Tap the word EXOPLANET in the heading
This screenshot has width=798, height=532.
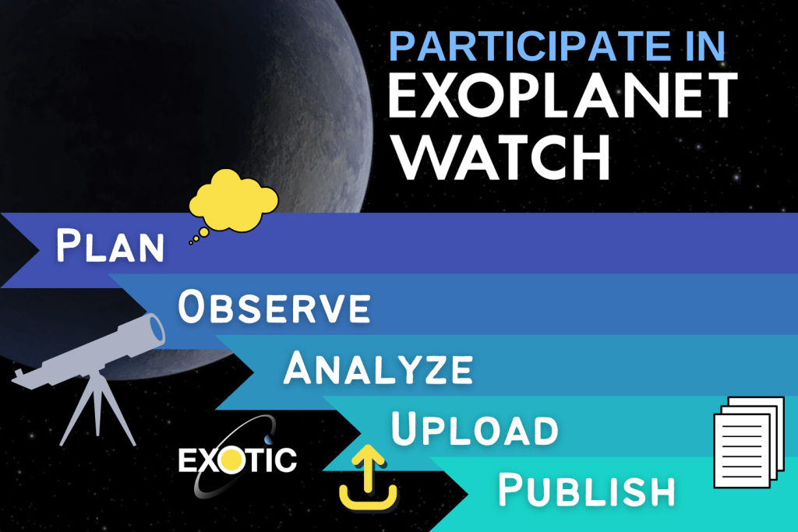coord(563,95)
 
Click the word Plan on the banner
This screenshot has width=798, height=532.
coord(110,245)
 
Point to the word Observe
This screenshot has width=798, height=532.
coord(274,306)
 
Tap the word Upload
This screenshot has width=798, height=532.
coord(475,428)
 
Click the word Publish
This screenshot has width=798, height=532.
coord(586,490)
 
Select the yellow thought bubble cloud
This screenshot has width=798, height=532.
coord(234,201)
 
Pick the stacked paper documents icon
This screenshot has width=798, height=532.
coord(749,442)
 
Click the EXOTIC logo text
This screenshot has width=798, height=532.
coord(237,460)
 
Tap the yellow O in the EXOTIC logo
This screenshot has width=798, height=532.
coord(231,460)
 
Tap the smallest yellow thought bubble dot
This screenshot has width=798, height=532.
coord(191,243)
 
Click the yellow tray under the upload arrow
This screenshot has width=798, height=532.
coord(368,499)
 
